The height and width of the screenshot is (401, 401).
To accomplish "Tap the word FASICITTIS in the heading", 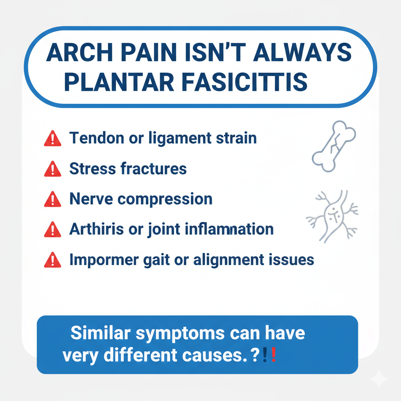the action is [x=245, y=82].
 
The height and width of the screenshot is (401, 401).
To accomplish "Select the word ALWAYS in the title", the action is [x=303, y=52].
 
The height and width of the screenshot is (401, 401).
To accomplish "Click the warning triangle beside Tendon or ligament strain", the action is [x=53, y=138].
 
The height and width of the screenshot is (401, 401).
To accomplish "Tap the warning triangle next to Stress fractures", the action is [x=53, y=169].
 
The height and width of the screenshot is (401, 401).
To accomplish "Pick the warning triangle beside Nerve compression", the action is [x=53, y=199].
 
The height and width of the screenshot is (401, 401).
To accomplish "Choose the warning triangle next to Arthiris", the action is [x=53, y=229].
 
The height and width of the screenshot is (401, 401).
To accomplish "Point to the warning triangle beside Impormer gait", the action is [x=53, y=260].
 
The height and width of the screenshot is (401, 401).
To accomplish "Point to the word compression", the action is [x=165, y=199].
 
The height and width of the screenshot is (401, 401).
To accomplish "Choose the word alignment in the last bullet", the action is [x=229, y=260].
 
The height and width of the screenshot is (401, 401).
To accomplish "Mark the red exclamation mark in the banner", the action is [x=273, y=355].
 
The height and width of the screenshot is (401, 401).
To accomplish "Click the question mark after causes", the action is [x=255, y=355].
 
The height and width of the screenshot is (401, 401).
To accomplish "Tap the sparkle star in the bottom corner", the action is [x=379, y=379].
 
